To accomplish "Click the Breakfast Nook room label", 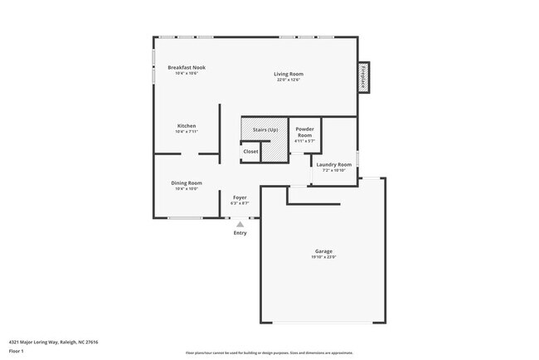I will [x=187, y=67].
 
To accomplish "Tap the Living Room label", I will [x=289, y=74].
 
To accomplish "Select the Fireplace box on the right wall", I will [x=363, y=77].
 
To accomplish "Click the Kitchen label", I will [x=187, y=126].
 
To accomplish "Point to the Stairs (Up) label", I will [x=265, y=130].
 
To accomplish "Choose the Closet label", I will [x=250, y=151].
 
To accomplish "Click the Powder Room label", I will [x=304, y=133].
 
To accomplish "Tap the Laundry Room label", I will [x=333, y=164].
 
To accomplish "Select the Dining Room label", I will [x=187, y=182].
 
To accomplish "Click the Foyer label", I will [x=240, y=197].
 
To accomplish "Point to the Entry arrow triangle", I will [x=240, y=224].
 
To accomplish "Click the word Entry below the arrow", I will [x=240, y=233].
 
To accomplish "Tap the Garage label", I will [x=323, y=251].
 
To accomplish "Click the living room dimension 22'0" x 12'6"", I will [x=289, y=80].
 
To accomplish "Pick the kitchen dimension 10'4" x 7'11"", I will [x=187, y=132].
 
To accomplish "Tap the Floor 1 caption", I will [x=17, y=351].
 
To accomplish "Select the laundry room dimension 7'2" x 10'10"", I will [x=333, y=170].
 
